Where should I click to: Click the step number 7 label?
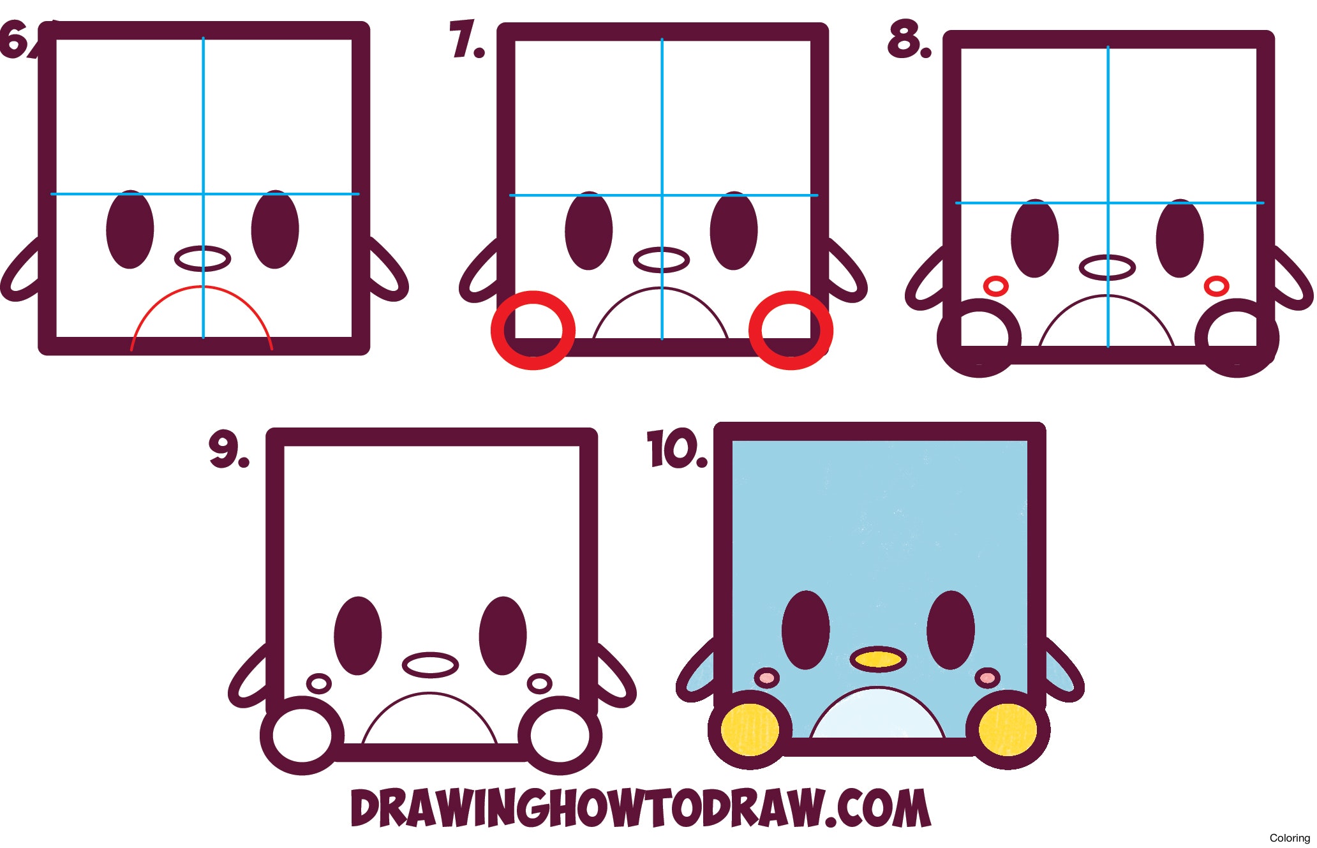466,40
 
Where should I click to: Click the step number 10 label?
676,449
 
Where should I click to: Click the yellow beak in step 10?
878,658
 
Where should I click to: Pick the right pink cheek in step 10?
987,677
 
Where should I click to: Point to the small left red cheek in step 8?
995,286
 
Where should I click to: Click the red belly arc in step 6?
202,288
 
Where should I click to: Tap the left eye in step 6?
130,229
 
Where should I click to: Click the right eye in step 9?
503,636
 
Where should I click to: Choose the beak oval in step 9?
430,665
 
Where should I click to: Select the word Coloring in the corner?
1289,838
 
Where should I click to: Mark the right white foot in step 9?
560,735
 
